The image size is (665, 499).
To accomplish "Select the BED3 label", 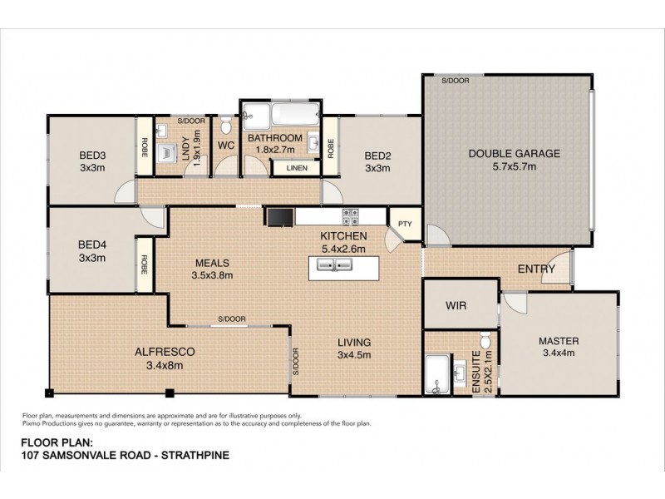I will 91,155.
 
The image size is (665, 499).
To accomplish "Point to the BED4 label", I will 91,245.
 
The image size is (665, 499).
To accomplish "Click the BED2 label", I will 377,155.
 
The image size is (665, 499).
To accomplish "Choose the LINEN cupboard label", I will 296,167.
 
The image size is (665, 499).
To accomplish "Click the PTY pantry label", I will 405,223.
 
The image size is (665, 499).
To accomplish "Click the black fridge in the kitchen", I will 280,216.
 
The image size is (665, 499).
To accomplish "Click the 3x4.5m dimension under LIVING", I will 353,355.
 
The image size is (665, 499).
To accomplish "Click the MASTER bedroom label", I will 558,341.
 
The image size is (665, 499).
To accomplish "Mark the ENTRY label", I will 536,269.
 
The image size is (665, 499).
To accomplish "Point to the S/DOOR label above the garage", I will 455,80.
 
